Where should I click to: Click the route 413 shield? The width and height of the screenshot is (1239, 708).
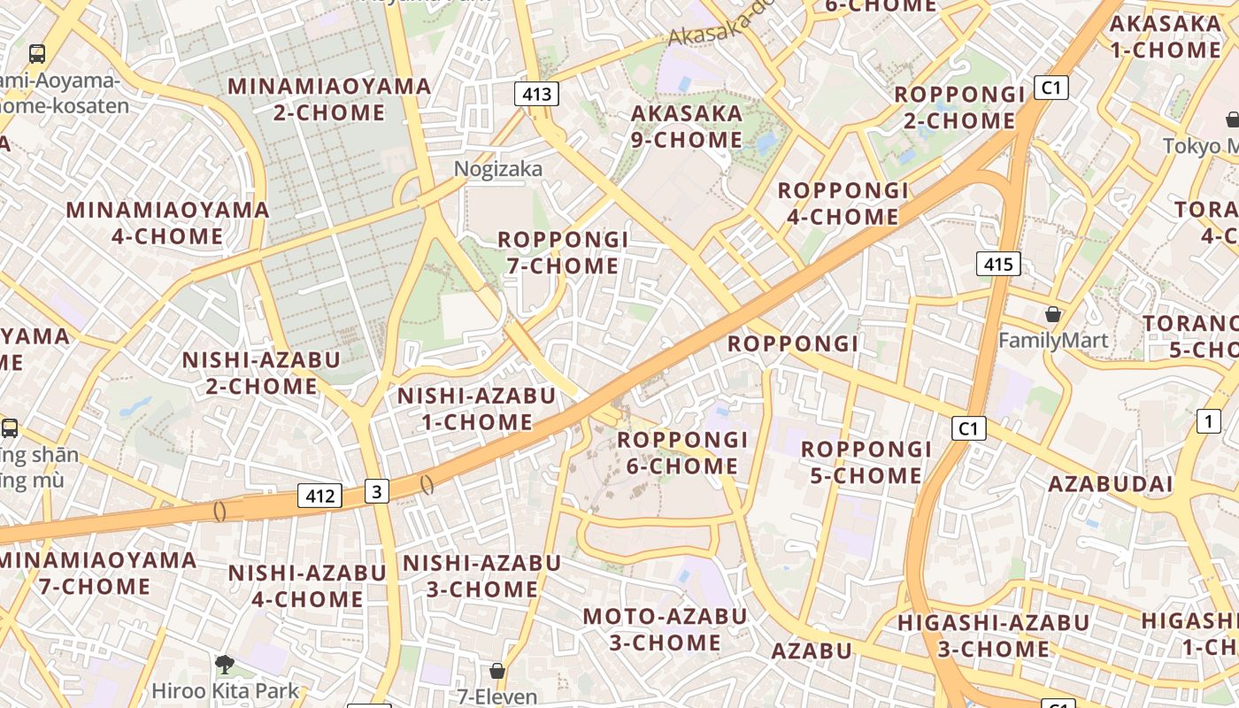pyautogui.click(x=537, y=94)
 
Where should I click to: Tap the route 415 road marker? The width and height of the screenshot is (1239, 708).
pyautogui.click(x=999, y=263)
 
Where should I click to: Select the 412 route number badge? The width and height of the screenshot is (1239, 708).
pyautogui.click(x=319, y=496)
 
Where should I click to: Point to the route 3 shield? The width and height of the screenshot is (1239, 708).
pyautogui.click(x=377, y=491)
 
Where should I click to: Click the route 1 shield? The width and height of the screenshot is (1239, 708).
pyautogui.click(x=1208, y=421)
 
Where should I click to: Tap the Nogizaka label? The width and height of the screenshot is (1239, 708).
pyautogui.click(x=498, y=169)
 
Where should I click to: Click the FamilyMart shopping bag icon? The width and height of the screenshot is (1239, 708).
pyautogui.click(x=1053, y=314)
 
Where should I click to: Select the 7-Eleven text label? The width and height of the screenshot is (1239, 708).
pyautogui.click(x=497, y=696)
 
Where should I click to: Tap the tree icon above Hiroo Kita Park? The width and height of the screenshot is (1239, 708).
pyautogui.click(x=225, y=664)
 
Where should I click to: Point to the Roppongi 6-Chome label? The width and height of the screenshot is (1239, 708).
pyautogui.click(x=682, y=452)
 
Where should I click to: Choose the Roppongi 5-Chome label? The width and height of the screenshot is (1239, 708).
pyautogui.click(x=866, y=462)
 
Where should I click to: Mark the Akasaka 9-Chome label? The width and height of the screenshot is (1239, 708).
pyautogui.click(x=687, y=127)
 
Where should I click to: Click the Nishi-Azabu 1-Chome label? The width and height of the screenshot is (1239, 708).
pyautogui.click(x=476, y=408)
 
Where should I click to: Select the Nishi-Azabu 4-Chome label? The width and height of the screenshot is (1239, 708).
pyautogui.click(x=307, y=586)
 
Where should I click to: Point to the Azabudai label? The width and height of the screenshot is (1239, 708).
pyautogui.click(x=1111, y=484)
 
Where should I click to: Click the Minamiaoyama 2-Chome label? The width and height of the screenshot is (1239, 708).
pyautogui.click(x=329, y=99)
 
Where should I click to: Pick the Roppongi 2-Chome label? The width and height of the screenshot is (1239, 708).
pyautogui.click(x=959, y=107)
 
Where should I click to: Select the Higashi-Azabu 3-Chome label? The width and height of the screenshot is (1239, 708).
pyautogui.click(x=993, y=635)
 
